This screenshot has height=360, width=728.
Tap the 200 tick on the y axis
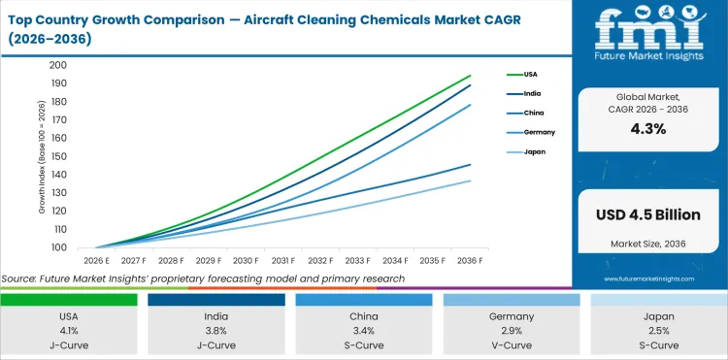pyautogui.click(x=58, y=65)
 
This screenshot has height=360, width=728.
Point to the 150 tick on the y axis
pyautogui.click(x=58, y=156)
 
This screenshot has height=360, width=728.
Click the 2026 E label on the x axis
pyautogui.click(x=96, y=261)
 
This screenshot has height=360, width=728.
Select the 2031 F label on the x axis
pyautogui.click(x=284, y=261)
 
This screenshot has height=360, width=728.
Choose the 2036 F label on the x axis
pyautogui.click(x=472, y=261)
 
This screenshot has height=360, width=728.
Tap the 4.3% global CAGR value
pyautogui.click(x=648, y=129)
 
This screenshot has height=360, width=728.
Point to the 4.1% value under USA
pyautogui.click(x=70, y=329)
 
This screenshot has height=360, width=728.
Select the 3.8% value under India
pyautogui.click(x=216, y=329)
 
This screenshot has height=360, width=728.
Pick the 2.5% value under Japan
pyautogui.click(x=658, y=329)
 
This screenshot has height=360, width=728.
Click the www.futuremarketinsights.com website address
pyautogui.click(x=648, y=278)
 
